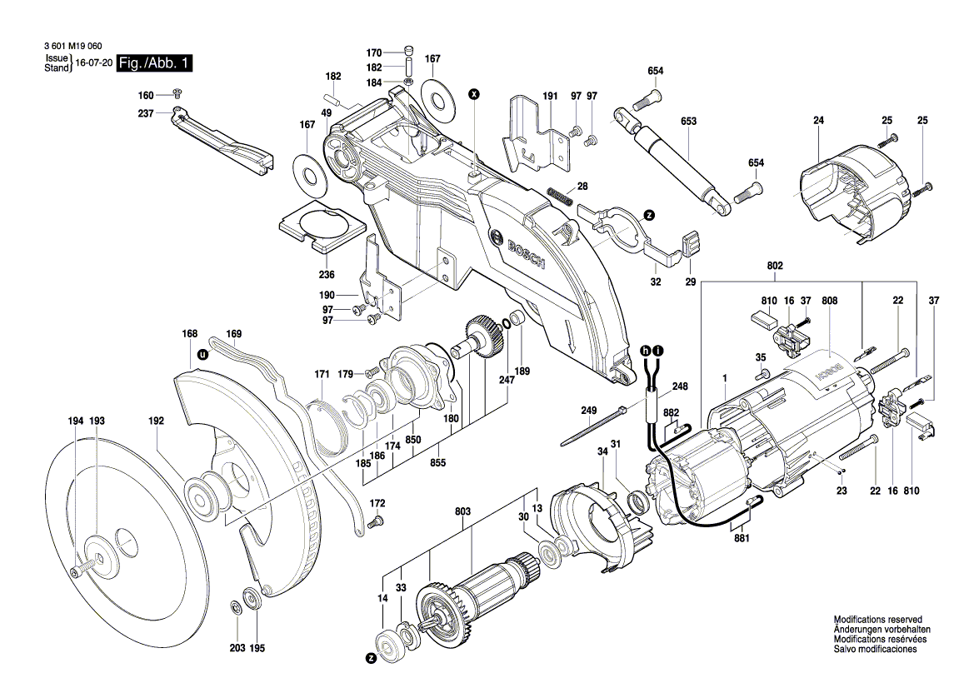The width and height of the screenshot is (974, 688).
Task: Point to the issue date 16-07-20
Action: coord(93,63)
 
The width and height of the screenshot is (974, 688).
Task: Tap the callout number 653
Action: coord(688,122)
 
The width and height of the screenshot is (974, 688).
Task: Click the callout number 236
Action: coord(327,275)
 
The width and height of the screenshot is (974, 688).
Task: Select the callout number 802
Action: coord(775,266)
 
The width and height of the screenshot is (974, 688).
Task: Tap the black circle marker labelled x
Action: coord(474,93)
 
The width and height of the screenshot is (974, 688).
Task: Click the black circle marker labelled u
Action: coord(201,354)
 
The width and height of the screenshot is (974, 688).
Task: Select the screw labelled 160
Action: coord(177,92)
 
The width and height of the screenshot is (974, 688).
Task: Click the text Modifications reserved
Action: coord(877,620)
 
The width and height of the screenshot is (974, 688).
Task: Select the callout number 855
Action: coord(436,463)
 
